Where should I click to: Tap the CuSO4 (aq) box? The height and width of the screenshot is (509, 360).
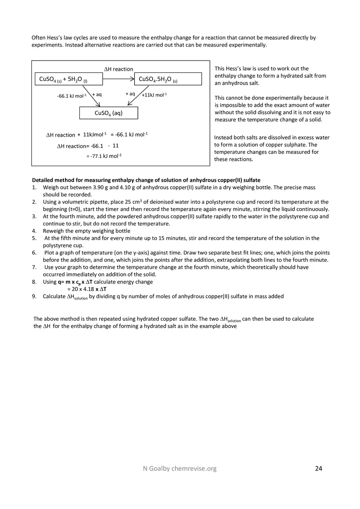coord(108,113)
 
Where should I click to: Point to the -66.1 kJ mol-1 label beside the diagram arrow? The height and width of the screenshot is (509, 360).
coord(72,96)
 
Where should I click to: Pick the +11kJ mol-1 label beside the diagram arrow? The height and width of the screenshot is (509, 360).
coord(154,95)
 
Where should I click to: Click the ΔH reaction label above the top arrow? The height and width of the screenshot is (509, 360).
coord(119,69)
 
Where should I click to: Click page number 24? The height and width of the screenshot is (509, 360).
coord(319,468)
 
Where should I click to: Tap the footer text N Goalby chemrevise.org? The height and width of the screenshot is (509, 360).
coord(177,468)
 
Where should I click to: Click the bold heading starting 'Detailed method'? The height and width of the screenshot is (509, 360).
coord(146,180)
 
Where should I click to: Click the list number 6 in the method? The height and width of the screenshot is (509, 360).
coord(34,253)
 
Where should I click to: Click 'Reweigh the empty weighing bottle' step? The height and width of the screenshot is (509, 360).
coord(86,231)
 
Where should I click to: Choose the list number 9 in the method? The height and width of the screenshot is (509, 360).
coord(34,296)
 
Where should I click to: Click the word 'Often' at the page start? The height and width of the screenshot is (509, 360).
coord(38,38)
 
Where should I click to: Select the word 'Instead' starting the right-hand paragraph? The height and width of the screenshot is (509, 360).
coord(223,137)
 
